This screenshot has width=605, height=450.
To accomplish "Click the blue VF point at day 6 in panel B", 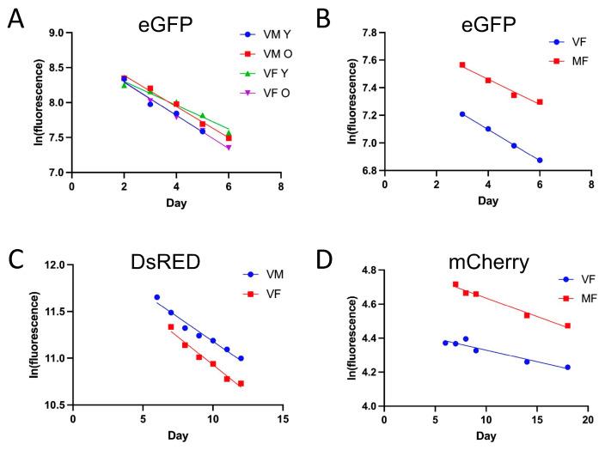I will [x=540, y=160].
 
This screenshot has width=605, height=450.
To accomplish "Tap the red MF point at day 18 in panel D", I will [x=567, y=326].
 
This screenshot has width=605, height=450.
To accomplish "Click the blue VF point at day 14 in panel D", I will [x=527, y=362].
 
